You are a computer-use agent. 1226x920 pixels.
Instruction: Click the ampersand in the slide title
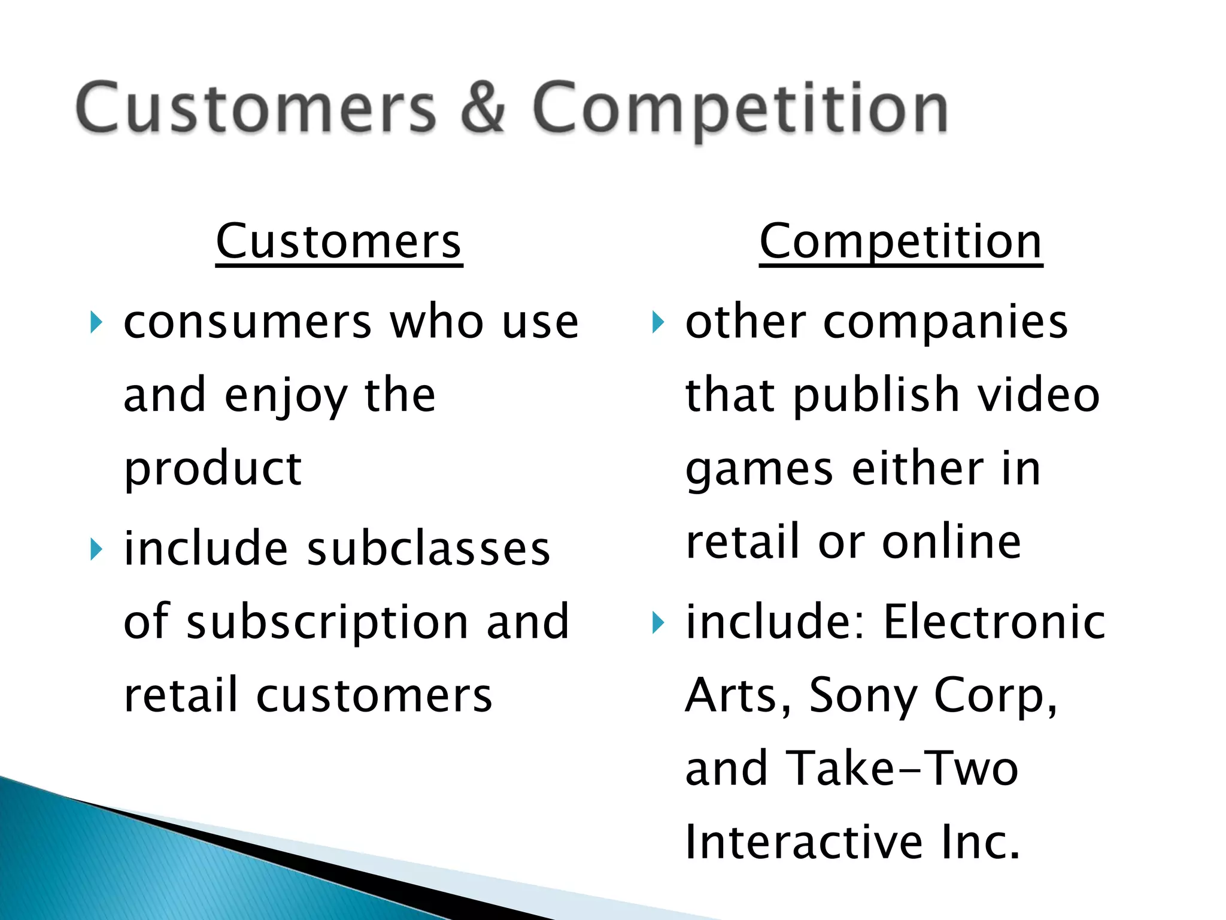pyautogui.click(x=484, y=108)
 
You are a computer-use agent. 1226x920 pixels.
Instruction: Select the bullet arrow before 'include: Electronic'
pyautogui.click(x=658, y=623)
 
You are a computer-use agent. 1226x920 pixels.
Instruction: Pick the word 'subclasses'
pyautogui.click(x=428, y=549)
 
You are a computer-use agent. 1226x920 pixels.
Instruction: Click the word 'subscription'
pyautogui.click(x=327, y=623)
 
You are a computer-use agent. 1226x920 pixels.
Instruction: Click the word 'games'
pyautogui.click(x=759, y=470)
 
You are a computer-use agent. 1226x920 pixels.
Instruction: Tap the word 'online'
pyautogui.click(x=951, y=542)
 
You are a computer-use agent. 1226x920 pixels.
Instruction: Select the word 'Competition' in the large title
pyautogui.click(x=740, y=108)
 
